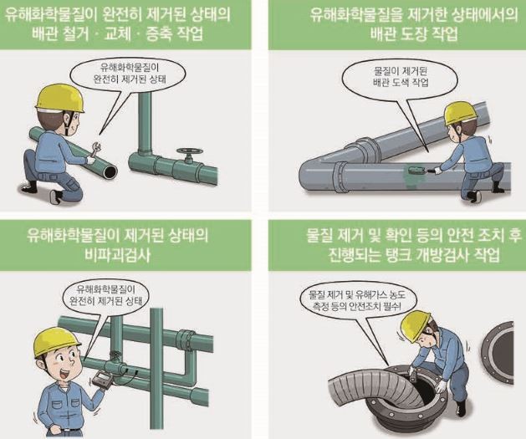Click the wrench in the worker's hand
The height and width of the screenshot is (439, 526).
click(x=95, y=149)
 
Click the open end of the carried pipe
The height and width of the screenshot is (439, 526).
click(x=110, y=171)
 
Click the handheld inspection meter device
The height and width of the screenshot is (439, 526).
click(x=103, y=380)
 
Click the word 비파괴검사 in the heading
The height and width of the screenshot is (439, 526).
click(x=118, y=256)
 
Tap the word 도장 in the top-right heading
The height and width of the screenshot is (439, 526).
click(x=415, y=34)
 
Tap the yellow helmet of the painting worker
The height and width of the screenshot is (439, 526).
click(x=460, y=112)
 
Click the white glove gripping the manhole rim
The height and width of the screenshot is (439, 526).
click(x=440, y=386)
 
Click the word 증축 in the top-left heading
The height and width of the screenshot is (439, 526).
click(x=160, y=34)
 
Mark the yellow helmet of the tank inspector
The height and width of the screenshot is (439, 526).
click(x=415, y=326)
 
